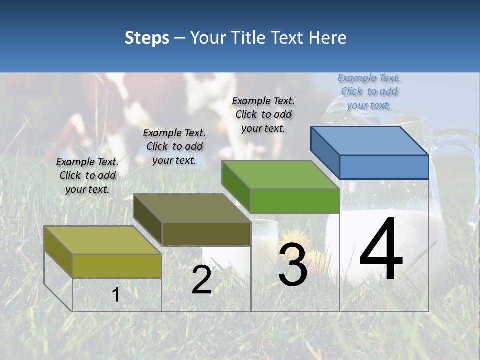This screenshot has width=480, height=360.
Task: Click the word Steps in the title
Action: point(147,38)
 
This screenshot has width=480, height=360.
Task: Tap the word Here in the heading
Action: point(328,38)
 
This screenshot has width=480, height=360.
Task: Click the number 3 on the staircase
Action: point(293,265)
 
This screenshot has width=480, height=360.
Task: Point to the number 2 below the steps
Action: point(201,280)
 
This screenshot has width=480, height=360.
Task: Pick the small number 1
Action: point(115,295)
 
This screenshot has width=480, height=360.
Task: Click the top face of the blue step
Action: point(370,140)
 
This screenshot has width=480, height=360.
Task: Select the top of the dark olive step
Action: point(192,208)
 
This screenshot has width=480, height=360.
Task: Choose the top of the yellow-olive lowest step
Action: point(103,240)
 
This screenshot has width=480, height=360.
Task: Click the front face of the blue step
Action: point(384,167)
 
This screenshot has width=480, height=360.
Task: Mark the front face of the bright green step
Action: point(295,201)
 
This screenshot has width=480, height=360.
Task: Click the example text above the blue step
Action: point(369,91)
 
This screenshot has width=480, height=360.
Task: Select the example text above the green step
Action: point(263,114)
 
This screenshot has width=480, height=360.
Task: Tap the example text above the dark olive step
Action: point(174,146)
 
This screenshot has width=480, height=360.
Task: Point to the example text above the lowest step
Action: point(87,175)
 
